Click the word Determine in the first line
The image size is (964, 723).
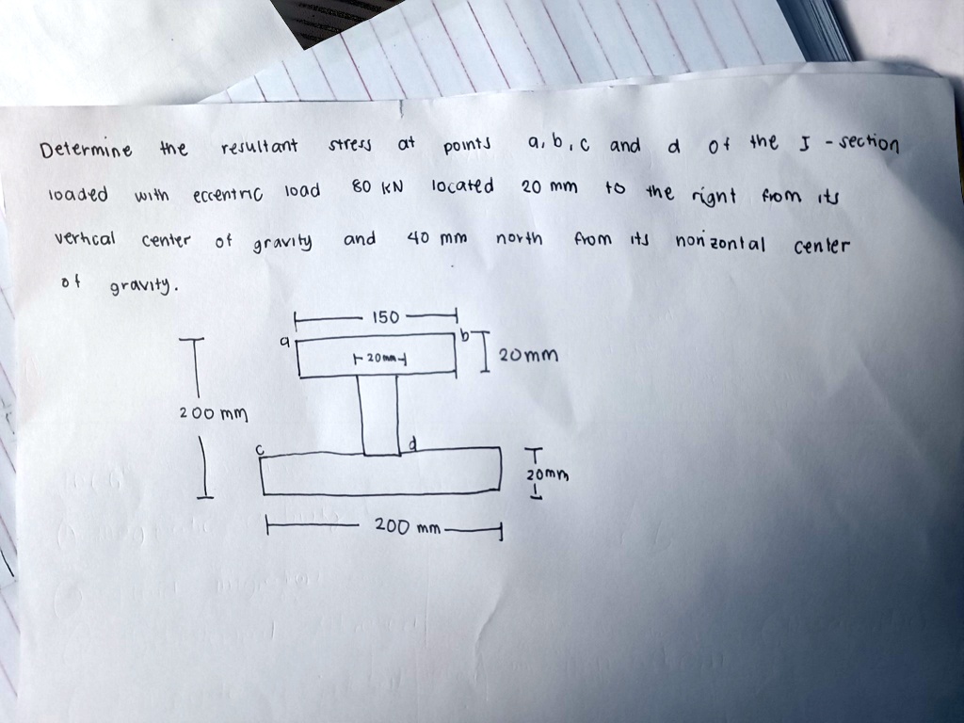tap(86, 150)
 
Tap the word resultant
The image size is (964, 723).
tap(259, 147)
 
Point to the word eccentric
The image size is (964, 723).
tap(228, 196)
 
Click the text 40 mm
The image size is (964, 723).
tap(437, 237)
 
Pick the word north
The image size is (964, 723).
tap(519, 237)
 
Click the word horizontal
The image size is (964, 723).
tap(720, 243)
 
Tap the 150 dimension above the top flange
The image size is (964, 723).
tap(385, 317)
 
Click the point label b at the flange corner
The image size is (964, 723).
tap(465, 335)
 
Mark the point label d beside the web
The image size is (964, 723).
tap(413, 444)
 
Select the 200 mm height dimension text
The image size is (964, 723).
tap(214, 414)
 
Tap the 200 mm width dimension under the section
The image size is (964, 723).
tap(408, 526)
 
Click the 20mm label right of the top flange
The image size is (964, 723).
tap(529, 355)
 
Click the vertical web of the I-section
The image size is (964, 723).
tap(379, 415)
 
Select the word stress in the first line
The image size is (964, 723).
tap(350, 146)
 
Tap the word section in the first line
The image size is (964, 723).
tap(869, 144)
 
